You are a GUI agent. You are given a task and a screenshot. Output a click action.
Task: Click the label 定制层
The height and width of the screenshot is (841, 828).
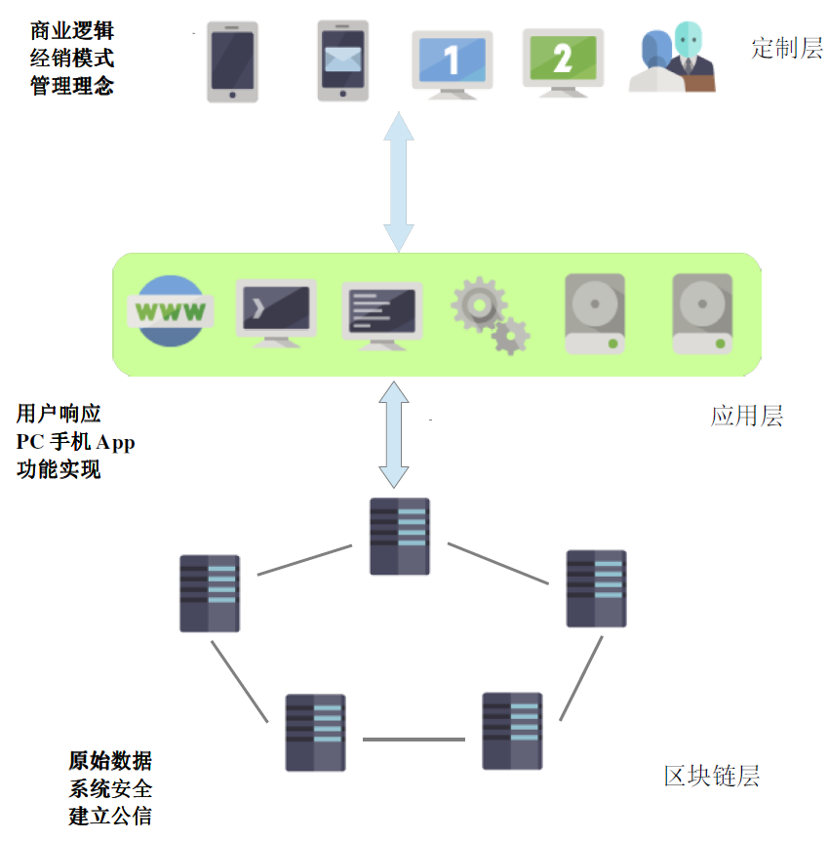pyautogui.click(x=787, y=49)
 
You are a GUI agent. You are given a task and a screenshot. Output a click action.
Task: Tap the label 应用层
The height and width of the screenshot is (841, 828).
pyautogui.click(x=747, y=417)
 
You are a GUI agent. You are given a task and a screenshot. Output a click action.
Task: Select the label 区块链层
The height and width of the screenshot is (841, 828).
pyautogui.click(x=712, y=777)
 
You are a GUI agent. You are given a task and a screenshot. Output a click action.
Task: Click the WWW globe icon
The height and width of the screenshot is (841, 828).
pyautogui.click(x=172, y=312)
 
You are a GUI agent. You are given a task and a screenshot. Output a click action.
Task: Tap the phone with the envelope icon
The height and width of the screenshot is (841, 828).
pyautogui.click(x=342, y=60)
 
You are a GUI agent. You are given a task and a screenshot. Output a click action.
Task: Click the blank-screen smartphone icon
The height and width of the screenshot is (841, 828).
pyautogui.click(x=232, y=62)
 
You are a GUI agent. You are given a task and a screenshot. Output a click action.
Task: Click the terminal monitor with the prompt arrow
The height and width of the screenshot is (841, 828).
pyautogui.click(x=276, y=312)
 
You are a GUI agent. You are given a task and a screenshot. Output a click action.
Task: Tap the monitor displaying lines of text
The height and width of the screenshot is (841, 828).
pyautogui.click(x=381, y=315)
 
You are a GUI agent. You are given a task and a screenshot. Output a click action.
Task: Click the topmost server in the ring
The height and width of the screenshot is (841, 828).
pyautogui.click(x=400, y=536)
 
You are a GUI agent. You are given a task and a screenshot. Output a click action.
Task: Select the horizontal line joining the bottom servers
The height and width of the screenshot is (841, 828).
pyautogui.click(x=414, y=740)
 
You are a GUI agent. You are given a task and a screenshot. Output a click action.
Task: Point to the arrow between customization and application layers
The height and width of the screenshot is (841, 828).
pyautogui.click(x=399, y=183)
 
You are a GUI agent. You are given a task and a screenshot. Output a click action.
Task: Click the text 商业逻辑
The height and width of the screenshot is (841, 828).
pyautogui.click(x=72, y=31)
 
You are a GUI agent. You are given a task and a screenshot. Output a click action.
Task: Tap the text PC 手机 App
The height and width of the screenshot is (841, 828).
pyautogui.click(x=76, y=442)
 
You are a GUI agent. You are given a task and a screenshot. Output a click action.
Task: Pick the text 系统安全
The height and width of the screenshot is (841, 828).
pyautogui.click(x=110, y=788)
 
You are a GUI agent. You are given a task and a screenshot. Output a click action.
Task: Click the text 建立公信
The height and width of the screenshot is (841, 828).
pyautogui.click(x=110, y=816)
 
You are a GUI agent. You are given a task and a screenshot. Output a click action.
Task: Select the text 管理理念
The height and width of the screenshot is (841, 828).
pyautogui.click(x=72, y=86)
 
